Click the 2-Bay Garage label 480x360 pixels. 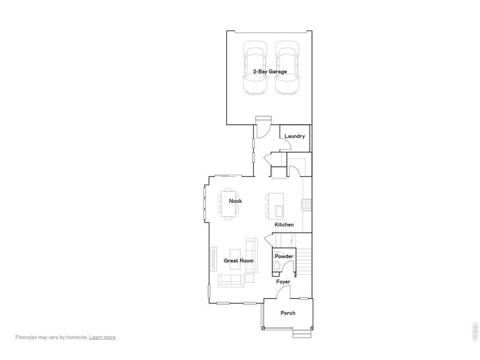pos(269,71)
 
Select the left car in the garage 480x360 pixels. pos(253,68)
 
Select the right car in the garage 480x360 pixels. pos(286,68)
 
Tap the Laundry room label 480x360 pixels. pos(295,136)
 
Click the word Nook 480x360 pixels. pos(235,201)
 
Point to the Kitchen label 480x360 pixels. pos(284,224)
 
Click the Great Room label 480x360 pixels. pos(238,261)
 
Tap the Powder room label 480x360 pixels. pos(284,256)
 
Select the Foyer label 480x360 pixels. pos(283,281)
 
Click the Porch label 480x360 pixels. pos(288,313)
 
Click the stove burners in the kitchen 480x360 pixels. pos(306,203)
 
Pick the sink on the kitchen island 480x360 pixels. pos(278,209)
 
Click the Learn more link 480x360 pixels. pos(102,337)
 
